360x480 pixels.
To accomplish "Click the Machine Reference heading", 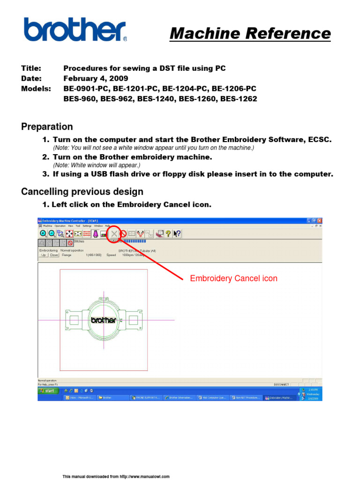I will point(250,33).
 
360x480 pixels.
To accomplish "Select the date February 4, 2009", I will point(96,78).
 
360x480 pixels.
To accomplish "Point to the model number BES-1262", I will point(238,99).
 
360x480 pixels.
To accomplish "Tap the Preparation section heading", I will point(47,127).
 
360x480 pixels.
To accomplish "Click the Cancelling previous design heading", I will point(82,191).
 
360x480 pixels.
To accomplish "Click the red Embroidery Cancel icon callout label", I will point(233,278).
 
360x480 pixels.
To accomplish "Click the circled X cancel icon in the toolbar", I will point(114,233).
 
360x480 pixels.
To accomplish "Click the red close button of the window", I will point(320,220).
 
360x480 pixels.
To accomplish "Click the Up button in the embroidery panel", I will point(43,255).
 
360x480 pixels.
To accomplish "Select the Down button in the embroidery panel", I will point(54,255).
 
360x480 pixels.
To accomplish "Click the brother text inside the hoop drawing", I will point(103,321).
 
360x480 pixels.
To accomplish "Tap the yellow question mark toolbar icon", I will point(168,233).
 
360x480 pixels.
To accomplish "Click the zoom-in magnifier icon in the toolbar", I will point(43,233).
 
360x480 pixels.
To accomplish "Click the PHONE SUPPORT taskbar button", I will point(145,397).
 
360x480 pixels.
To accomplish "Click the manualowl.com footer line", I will point(116,476).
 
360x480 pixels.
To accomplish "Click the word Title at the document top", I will point(31,68).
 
